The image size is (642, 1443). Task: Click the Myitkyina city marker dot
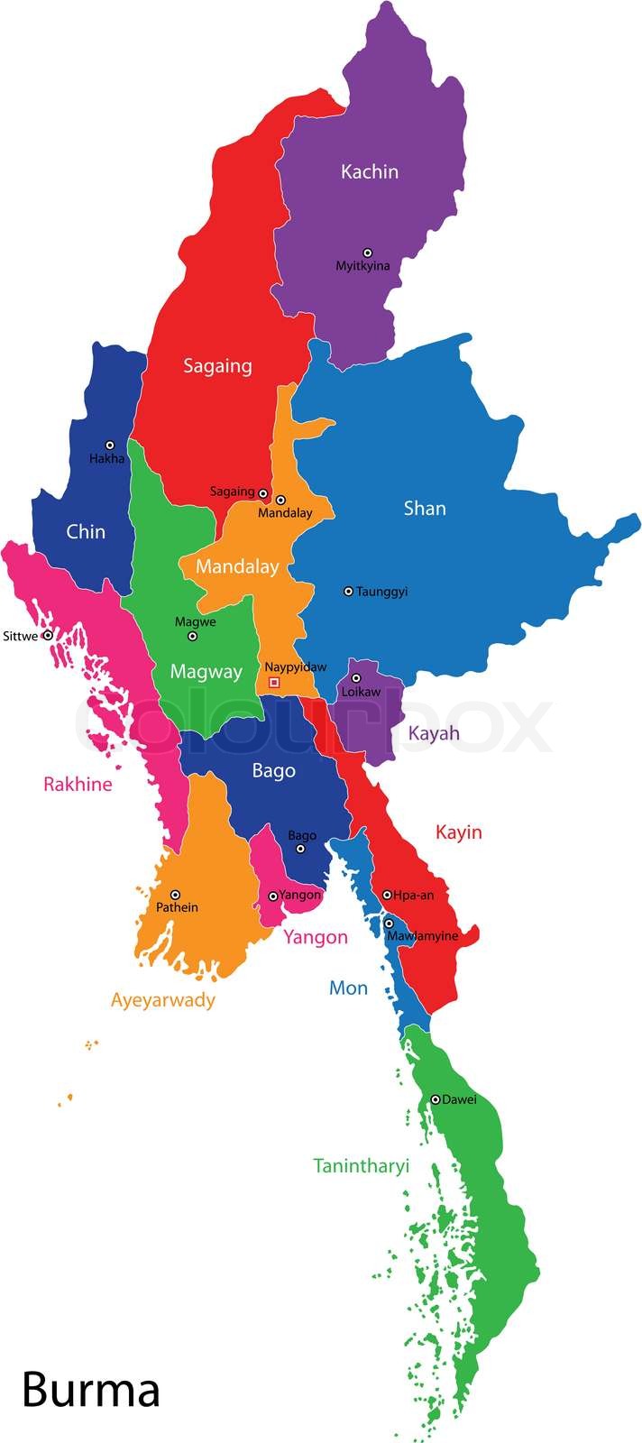click(367, 253)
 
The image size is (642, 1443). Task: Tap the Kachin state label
click(369, 171)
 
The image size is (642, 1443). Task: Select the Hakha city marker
click(110, 445)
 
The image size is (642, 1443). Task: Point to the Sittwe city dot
click(48, 636)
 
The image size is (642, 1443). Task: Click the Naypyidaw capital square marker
click(274, 683)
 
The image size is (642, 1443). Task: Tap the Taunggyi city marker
click(348, 592)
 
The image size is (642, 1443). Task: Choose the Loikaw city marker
click(355, 678)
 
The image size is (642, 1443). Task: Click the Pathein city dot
click(175, 895)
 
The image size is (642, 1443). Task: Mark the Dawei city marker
click(435, 1099)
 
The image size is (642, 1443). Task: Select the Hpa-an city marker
click(387, 896)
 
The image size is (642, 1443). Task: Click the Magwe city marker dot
click(192, 636)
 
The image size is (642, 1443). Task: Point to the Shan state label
click(425, 509)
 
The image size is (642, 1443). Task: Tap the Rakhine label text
click(78, 785)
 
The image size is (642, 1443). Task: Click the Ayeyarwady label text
click(163, 1000)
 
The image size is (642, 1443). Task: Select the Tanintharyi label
click(361, 1166)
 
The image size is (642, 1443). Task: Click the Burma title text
click(90, 1390)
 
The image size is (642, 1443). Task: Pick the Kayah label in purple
click(434, 733)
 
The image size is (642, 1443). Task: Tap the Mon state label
click(348, 988)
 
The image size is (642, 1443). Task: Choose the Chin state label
click(86, 532)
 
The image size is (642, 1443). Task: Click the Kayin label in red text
click(458, 832)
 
